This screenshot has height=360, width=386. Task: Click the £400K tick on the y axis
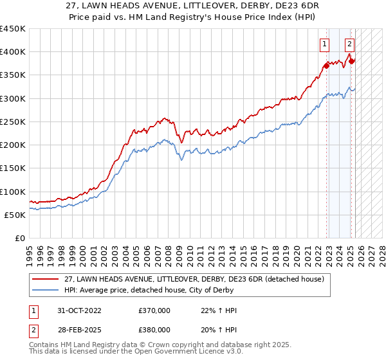tap(13, 52)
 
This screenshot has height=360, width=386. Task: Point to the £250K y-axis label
tap(13, 122)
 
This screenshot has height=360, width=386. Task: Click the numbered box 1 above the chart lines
tap(326, 44)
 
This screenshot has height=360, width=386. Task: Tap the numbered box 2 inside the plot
tap(349, 44)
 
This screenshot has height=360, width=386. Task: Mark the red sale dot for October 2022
tap(327, 65)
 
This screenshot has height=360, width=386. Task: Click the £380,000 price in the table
tap(154, 329)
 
